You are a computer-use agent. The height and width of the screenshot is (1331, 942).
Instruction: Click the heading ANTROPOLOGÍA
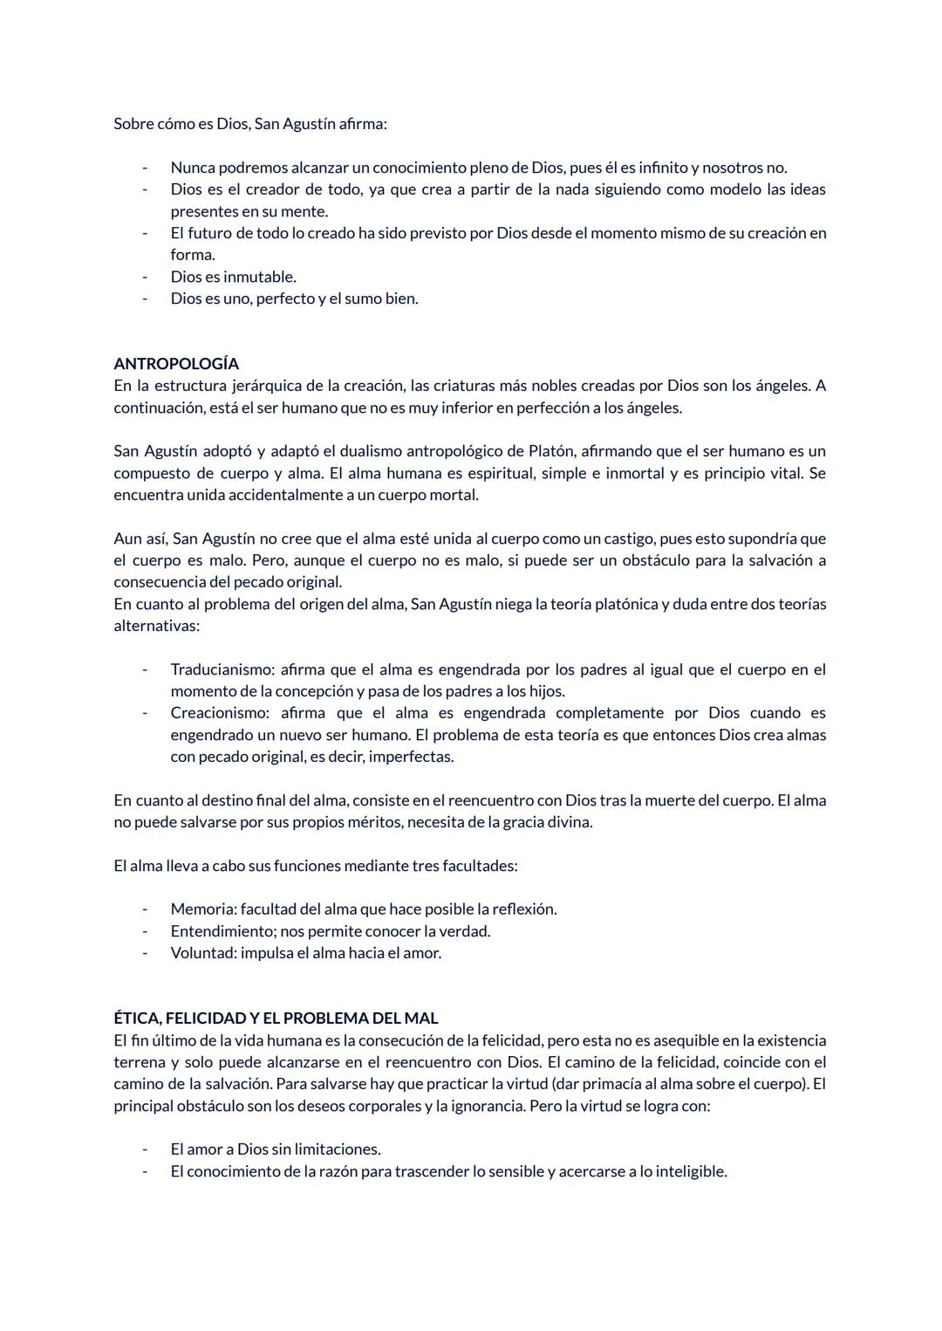[x=175, y=364]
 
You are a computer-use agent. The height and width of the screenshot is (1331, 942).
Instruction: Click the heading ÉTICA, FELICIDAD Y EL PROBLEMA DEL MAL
[x=276, y=1019]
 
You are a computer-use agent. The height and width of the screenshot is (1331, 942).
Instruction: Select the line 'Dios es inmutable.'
[x=233, y=277]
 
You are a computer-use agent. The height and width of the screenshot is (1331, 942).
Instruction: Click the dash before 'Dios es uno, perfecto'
[x=145, y=298]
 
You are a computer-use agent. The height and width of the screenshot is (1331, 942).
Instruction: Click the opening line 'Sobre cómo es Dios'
[x=249, y=124]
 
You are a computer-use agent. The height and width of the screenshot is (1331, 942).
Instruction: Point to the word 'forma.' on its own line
[x=192, y=255]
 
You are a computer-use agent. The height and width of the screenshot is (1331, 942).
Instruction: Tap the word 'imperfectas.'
[x=411, y=757]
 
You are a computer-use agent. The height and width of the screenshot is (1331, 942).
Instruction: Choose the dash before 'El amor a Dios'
[x=145, y=1149]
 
